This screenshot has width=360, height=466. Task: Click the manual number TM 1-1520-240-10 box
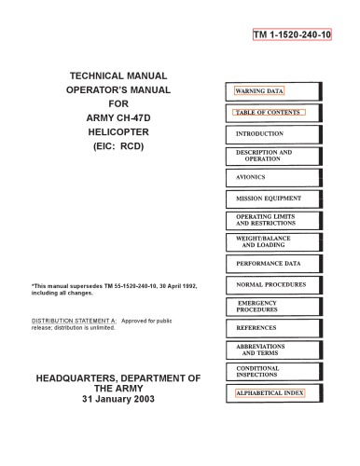pyautogui.click(x=291, y=35)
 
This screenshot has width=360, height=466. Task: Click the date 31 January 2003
pyautogui.click(x=118, y=400)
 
